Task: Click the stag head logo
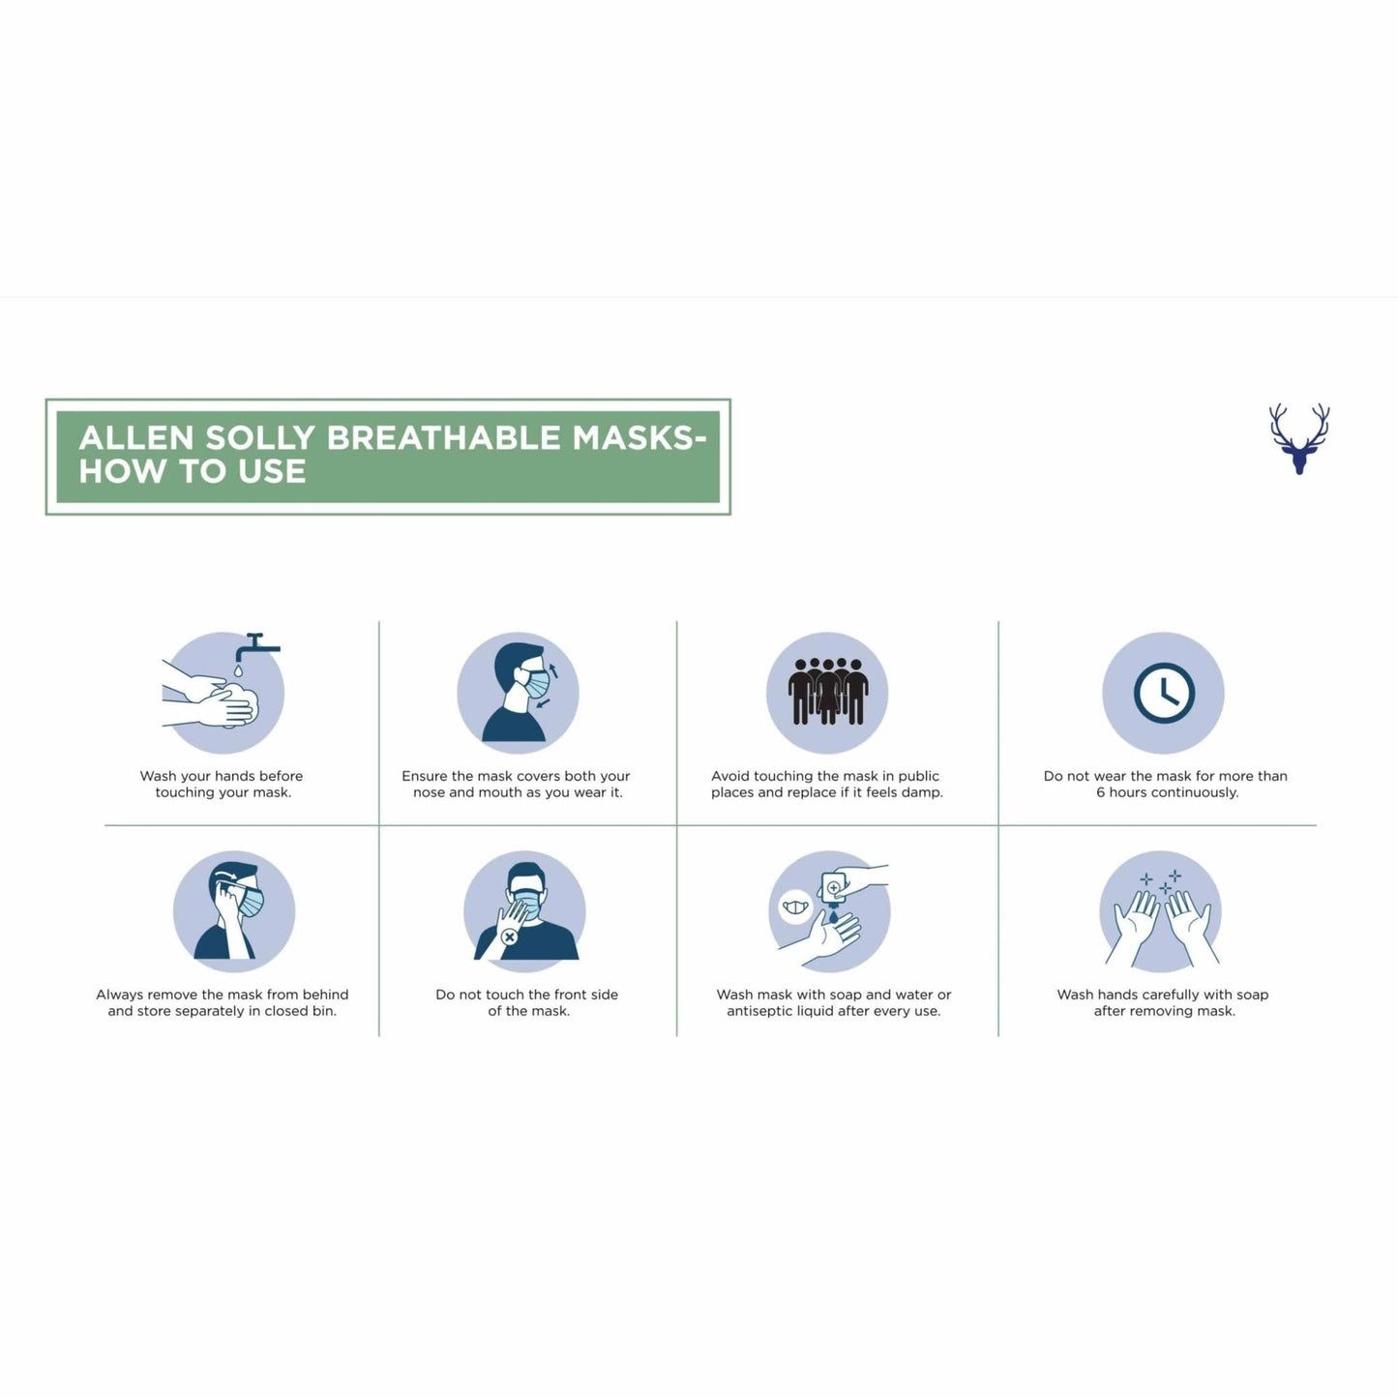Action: point(1298,439)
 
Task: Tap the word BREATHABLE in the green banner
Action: point(443,437)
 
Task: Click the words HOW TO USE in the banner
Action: point(193,471)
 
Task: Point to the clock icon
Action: point(1164,693)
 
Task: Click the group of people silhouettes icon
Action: point(828,692)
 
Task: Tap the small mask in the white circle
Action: point(796,907)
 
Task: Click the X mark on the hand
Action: point(509,937)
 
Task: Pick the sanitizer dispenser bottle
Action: point(833,889)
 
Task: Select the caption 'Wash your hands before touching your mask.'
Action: point(222,785)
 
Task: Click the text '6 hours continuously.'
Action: point(1168,792)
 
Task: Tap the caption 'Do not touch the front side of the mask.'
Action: point(527,1002)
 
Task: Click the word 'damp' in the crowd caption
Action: point(921,793)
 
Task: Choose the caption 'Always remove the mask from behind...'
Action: point(222,1002)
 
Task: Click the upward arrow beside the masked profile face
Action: point(554,669)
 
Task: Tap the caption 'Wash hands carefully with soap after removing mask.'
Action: point(1163,1002)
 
